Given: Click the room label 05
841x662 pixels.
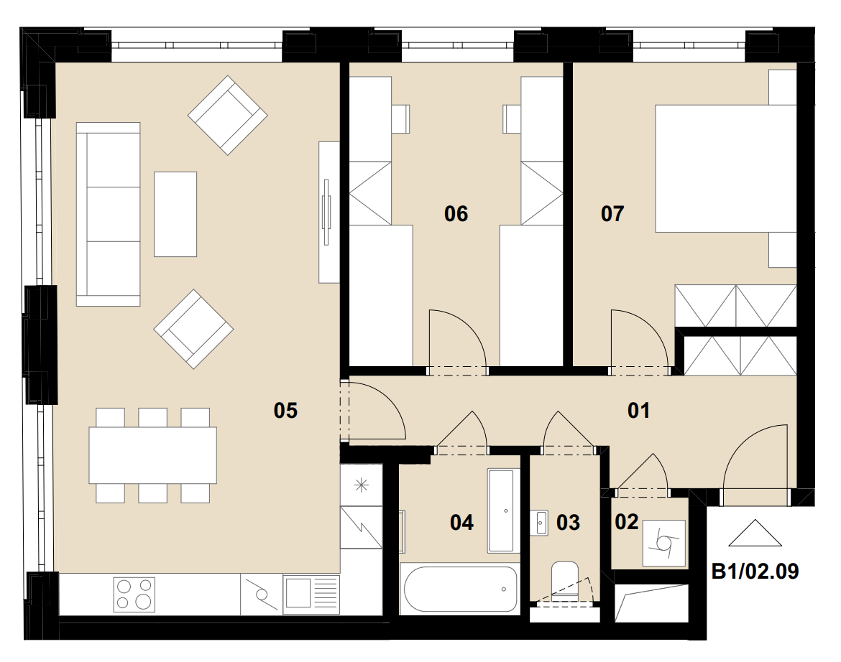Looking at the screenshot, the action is click(285, 410).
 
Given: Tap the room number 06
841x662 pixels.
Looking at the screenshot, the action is click(456, 214).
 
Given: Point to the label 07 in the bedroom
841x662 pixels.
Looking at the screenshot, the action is click(612, 214).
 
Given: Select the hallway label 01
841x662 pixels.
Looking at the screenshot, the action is click(638, 410).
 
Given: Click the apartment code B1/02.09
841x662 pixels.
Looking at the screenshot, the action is click(755, 572).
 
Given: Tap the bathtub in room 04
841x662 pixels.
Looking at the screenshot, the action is click(460, 589).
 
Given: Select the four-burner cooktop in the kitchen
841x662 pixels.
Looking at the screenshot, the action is click(134, 595).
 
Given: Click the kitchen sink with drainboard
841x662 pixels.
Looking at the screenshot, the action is click(311, 595).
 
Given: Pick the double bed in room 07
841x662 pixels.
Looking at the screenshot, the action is click(726, 169).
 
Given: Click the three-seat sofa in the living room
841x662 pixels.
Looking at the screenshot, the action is click(109, 214).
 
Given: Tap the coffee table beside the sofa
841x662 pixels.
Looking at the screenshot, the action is click(175, 214).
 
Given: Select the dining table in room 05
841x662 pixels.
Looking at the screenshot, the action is click(153, 455).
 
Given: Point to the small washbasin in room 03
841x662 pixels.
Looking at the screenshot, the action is click(540, 522).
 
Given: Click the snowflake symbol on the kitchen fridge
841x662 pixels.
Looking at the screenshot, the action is click(362, 485).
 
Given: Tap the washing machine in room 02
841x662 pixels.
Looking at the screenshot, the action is click(664, 543).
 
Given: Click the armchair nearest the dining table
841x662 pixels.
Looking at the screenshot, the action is click(193, 329).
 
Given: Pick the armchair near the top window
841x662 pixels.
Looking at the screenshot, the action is click(227, 115).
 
